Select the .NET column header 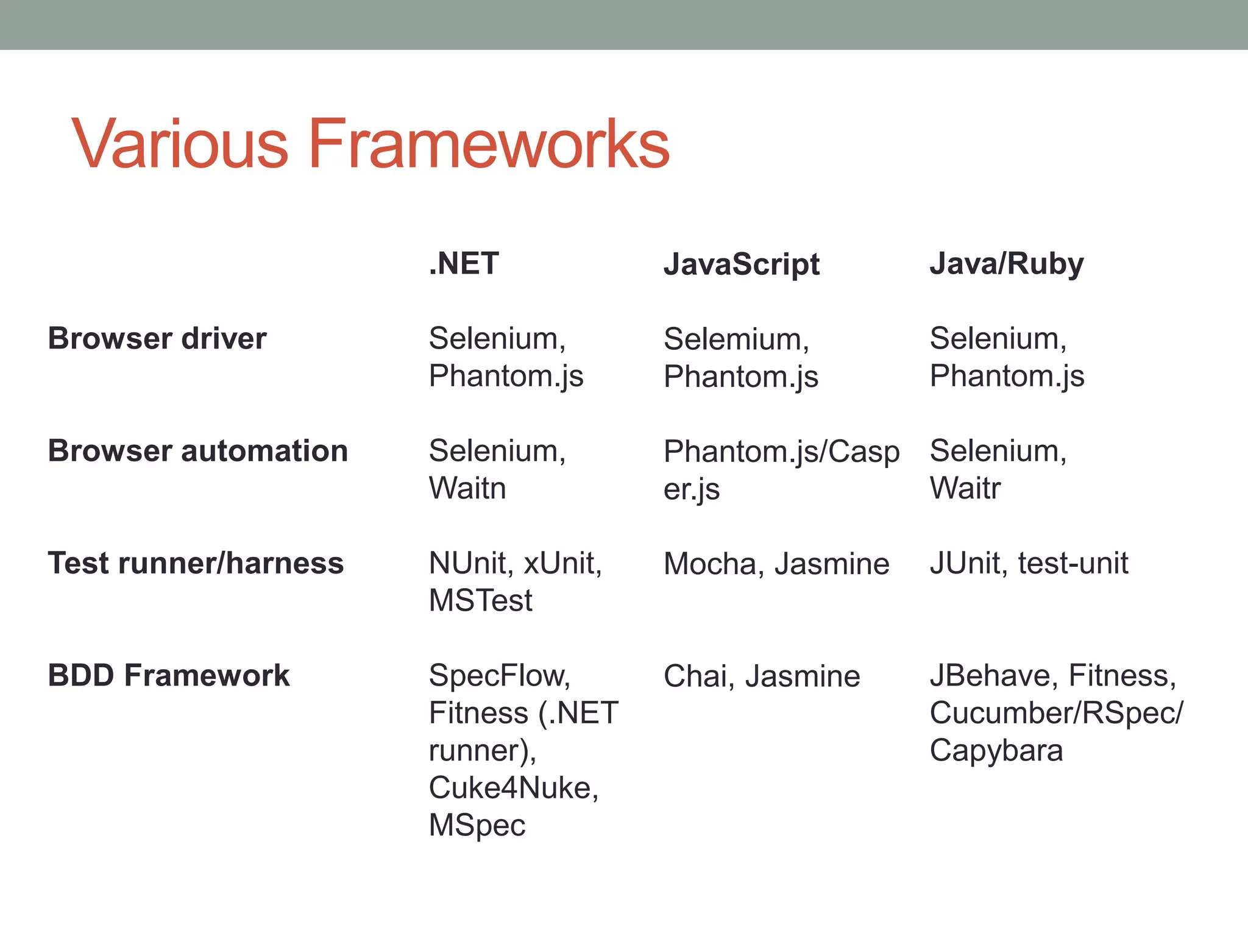pyautogui.click(x=464, y=263)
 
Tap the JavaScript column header pyautogui.click(x=741, y=264)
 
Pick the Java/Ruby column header pyautogui.click(x=1006, y=264)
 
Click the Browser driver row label pyautogui.click(x=157, y=338)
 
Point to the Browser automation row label pyautogui.click(x=197, y=451)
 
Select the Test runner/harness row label pyautogui.click(x=196, y=563)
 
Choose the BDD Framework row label pyautogui.click(x=169, y=675)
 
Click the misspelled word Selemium pyautogui.click(x=736, y=339)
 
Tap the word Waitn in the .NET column pyautogui.click(x=467, y=488)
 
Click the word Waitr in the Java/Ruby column pyautogui.click(x=965, y=488)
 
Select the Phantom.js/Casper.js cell pyautogui.click(x=781, y=469)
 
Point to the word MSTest pyautogui.click(x=480, y=600)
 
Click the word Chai pyautogui.click(x=700, y=676)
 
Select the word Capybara pyautogui.click(x=996, y=750)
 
